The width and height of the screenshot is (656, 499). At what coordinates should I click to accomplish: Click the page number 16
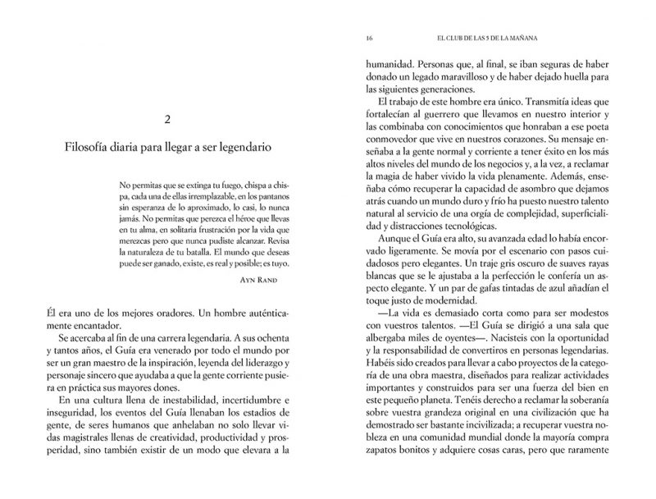pos(371,38)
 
